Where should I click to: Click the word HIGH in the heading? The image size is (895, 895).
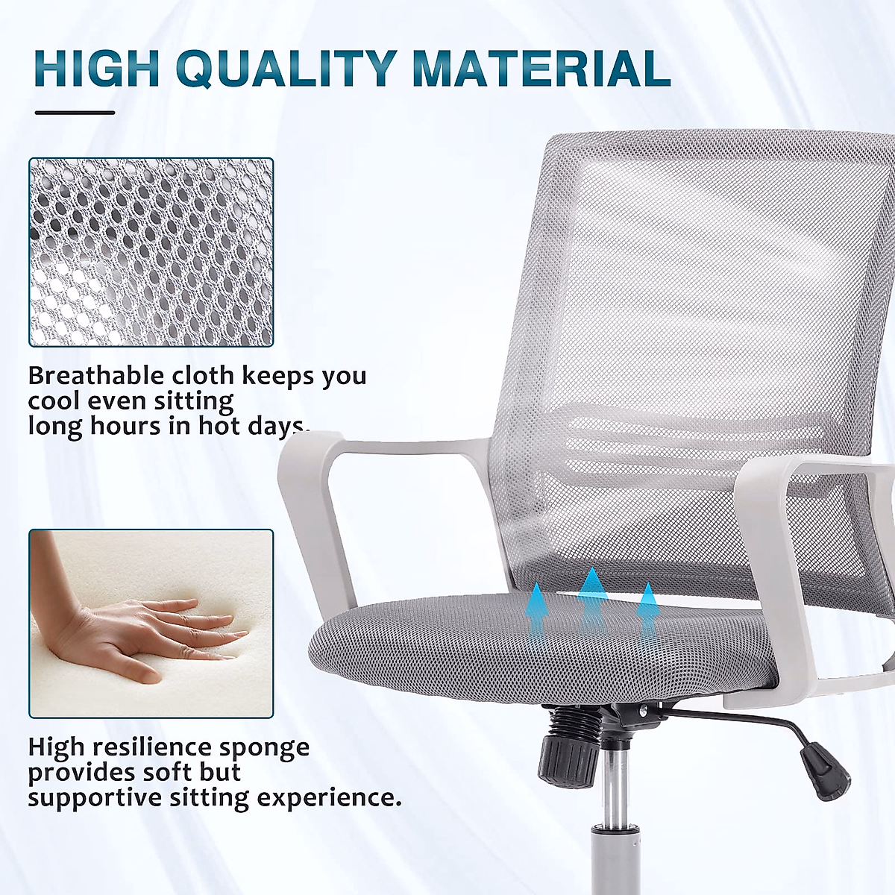[97, 69]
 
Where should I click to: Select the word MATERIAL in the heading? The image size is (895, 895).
[541, 69]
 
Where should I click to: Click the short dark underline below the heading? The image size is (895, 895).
[75, 113]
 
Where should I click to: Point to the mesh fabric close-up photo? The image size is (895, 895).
[151, 252]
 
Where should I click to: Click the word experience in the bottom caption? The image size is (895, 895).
[329, 798]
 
